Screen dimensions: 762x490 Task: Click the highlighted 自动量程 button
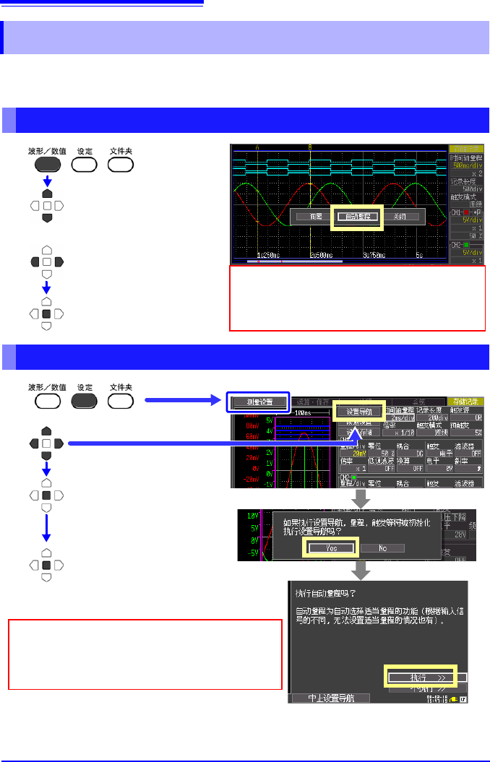point(357,216)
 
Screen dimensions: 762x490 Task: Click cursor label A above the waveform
point(257,147)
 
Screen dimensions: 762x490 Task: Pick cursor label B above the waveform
point(311,147)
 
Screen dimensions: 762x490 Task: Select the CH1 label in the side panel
point(457,213)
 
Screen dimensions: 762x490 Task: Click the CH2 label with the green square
point(457,246)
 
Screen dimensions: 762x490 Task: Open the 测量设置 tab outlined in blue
point(258,402)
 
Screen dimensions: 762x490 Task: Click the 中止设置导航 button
point(330,698)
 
